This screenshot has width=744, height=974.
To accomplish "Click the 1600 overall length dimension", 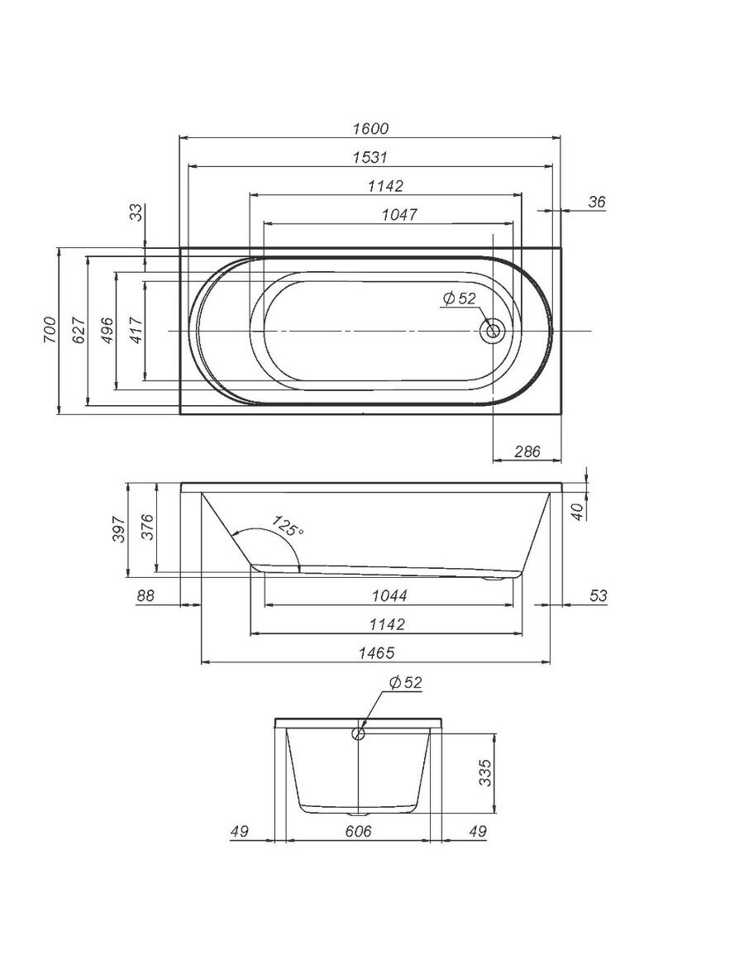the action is (370, 129).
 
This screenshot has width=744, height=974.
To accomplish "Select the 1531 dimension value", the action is (370, 157).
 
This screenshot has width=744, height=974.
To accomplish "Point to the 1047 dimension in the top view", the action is (399, 215).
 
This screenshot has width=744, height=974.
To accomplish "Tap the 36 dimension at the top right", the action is (596, 202).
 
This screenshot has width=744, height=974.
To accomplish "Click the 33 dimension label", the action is (136, 212).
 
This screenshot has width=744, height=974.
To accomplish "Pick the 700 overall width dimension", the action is (50, 330).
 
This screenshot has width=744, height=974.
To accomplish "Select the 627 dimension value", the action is (79, 330).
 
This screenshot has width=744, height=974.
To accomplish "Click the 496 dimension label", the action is (107, 330).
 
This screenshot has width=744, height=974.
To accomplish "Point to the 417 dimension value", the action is (136, 330).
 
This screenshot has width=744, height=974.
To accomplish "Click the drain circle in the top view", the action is (493, 330).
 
